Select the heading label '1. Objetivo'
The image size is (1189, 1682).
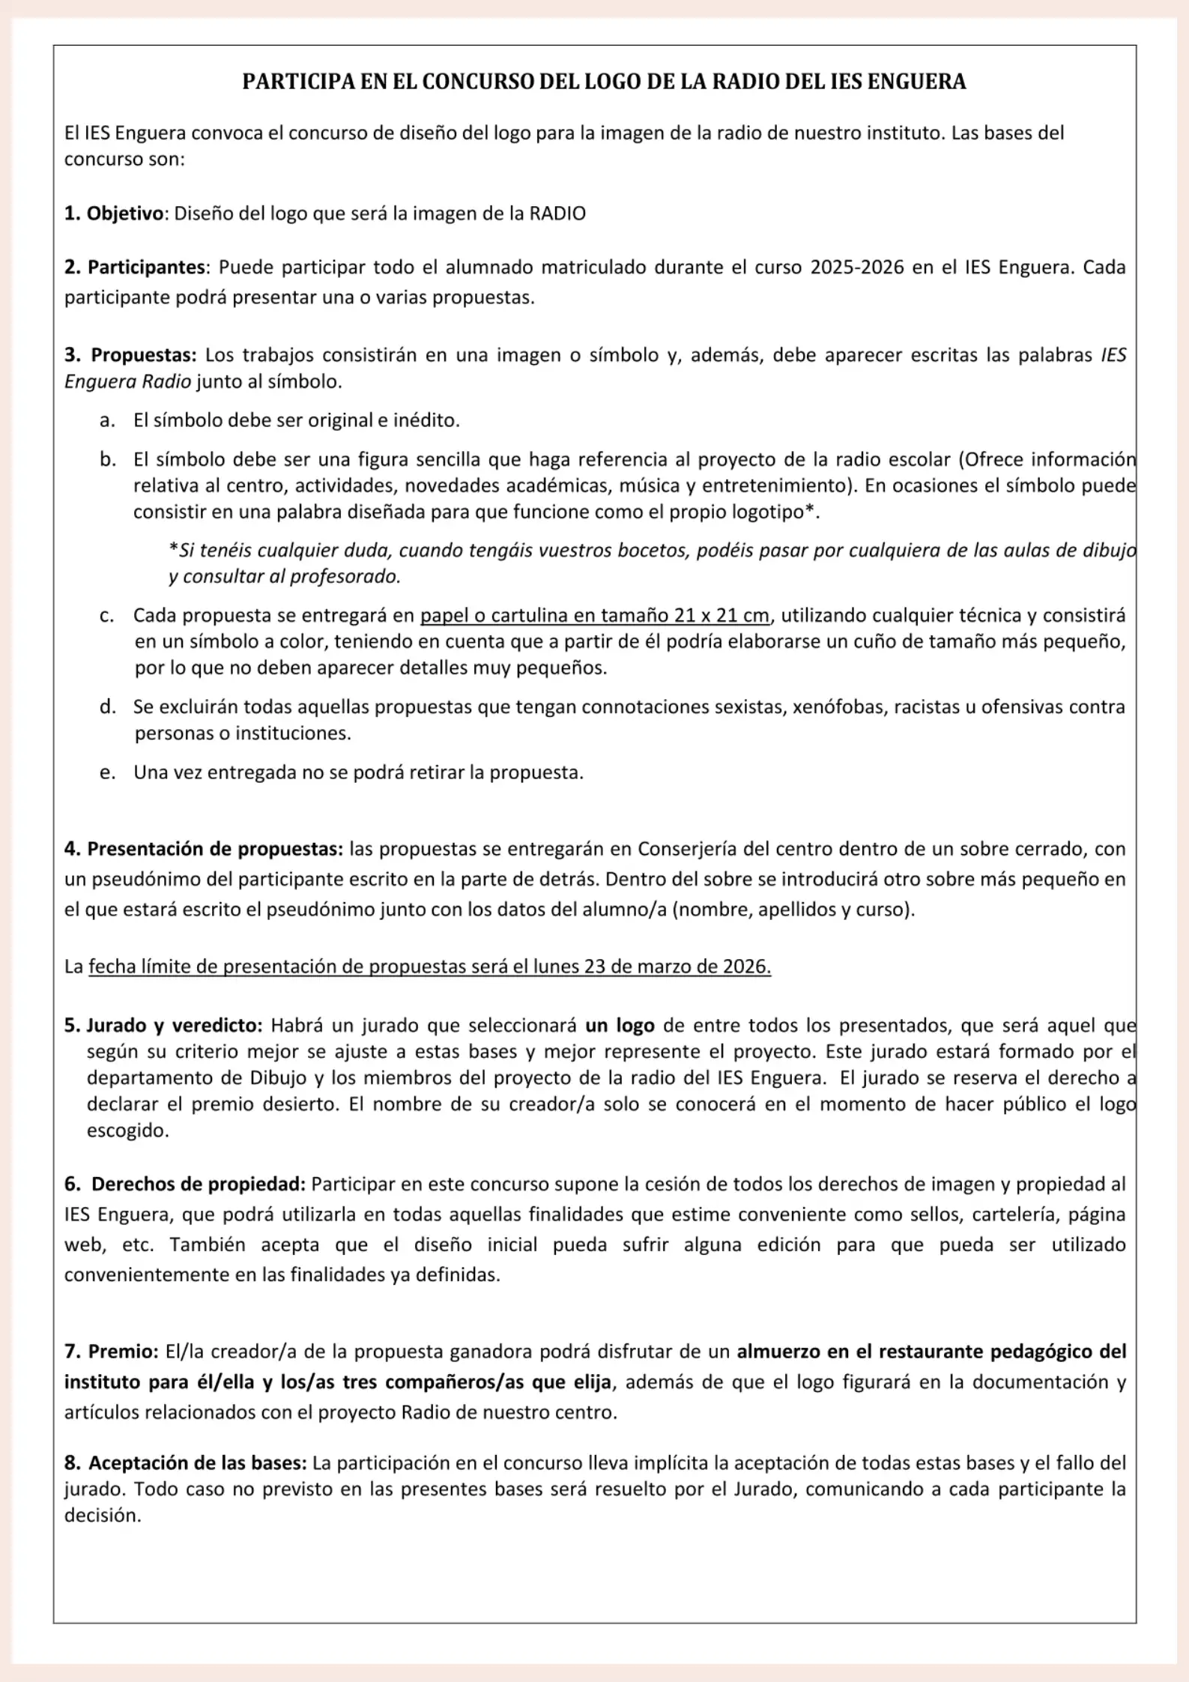click(114, 214)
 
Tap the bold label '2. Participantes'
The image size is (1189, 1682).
click(135, 267)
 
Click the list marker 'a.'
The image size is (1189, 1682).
click(107, 420)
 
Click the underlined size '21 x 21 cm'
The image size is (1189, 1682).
click(721, 615)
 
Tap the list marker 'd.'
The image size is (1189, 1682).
click(107, 707)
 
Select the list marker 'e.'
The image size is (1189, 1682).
click(107, 772)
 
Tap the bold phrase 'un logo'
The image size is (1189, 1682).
click(620, 1025)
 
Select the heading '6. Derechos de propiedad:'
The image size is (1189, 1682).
click(185, 1184)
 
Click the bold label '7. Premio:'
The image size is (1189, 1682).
click(112, 1352)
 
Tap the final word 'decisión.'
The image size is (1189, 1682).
click(103, 1515)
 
